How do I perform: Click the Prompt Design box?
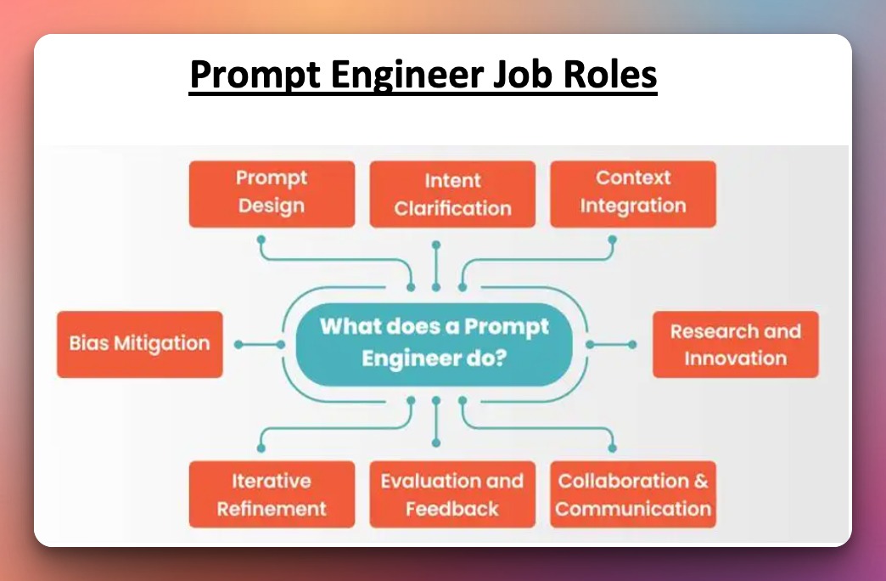[272, 194]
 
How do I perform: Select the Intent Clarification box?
[452, 195]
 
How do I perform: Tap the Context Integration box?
[633, 194]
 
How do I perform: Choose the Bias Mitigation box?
[140, 344]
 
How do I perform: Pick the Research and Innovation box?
[735, 344]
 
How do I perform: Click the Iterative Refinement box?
[272, 494]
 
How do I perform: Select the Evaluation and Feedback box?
[452, 494]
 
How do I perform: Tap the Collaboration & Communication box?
[633, 494]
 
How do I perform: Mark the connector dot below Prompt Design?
[261, 240]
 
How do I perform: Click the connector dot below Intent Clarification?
[436, 245]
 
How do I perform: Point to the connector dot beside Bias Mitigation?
[238, 344]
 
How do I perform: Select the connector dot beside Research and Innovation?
[632, 344]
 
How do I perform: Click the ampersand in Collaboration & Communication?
[700, 481]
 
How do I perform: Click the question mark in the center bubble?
[501, 358]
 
